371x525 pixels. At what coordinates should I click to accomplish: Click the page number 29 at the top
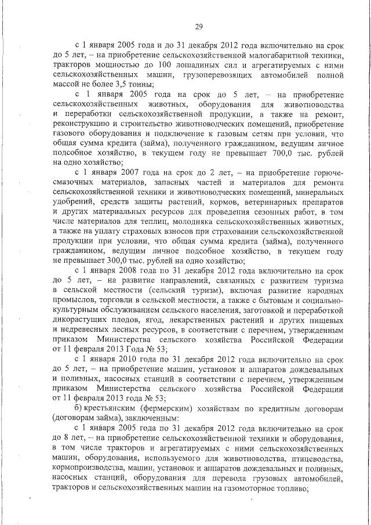[x=198, y=26]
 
